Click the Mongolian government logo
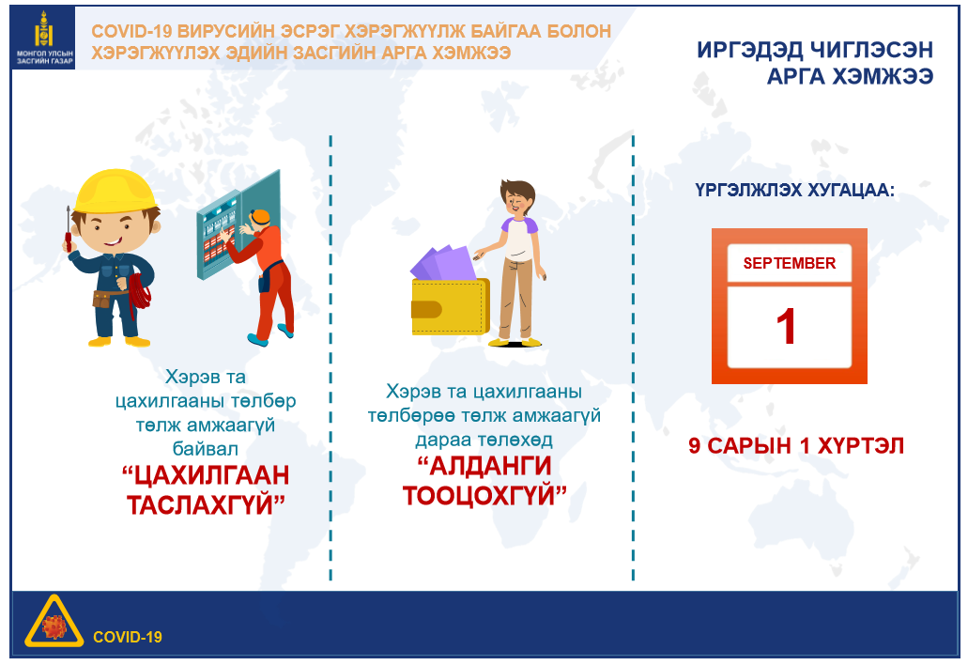coord(43,38)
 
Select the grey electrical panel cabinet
coord(238,226)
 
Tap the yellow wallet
coord(450,306)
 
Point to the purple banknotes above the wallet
coord(443,263)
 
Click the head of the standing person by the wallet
coord(517,197)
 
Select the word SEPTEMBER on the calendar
coord(789,263)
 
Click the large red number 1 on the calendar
coord(786,327)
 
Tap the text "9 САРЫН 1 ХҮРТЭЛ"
coord(796,446)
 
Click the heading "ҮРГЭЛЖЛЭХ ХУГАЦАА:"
coord(794,190)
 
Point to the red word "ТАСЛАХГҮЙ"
coord(206,504)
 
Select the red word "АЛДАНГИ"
coord(484,466)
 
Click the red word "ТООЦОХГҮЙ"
coord(484,495)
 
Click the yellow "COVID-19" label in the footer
coord(127,637)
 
